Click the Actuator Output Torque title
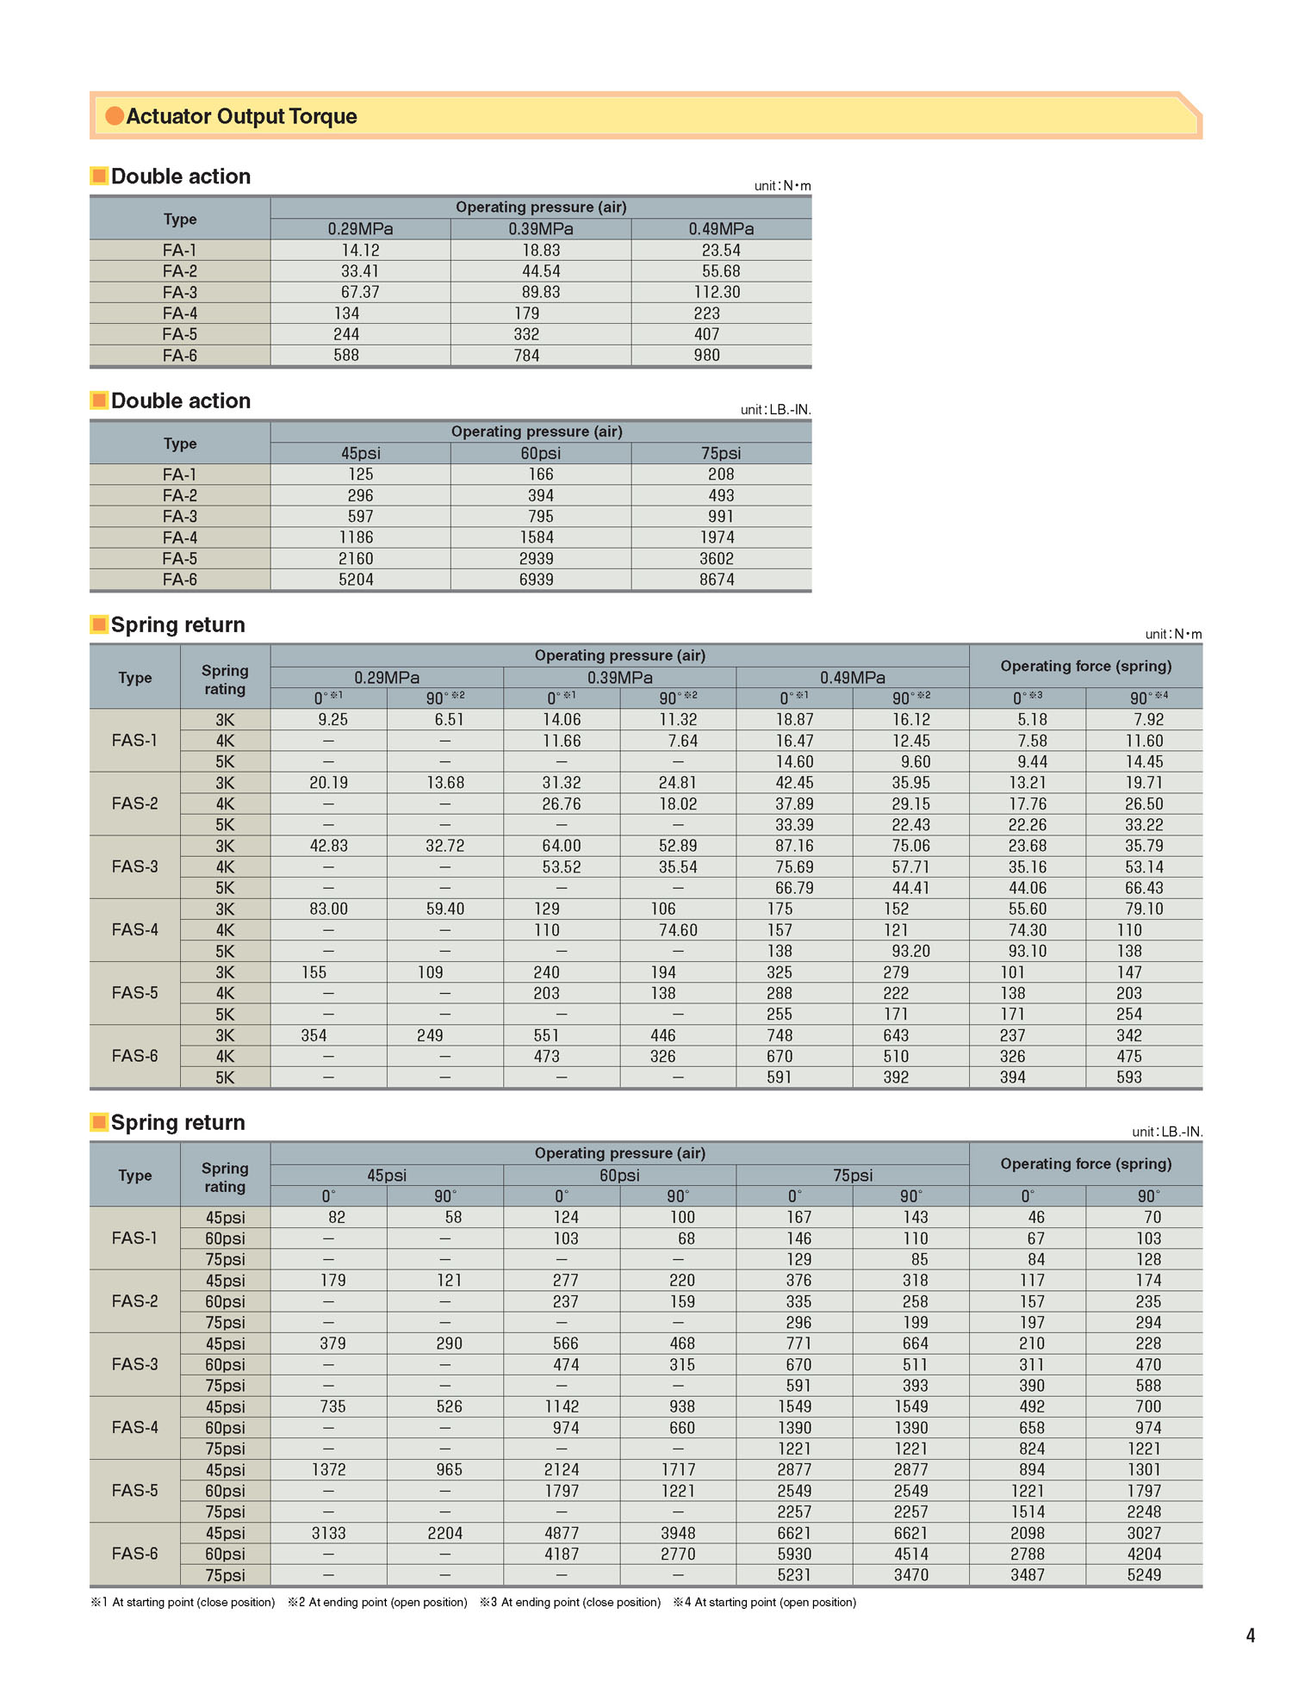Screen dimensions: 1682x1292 coord(241,116)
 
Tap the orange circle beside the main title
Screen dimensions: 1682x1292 coord(115,115)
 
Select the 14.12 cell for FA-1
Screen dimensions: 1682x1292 coord(360,250)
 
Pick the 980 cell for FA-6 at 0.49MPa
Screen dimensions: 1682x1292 coord(706,355)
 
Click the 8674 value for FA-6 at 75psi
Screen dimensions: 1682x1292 coord(717,580)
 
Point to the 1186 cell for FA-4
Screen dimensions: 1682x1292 coord(356,537)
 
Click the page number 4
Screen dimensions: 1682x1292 coord(1251,1635)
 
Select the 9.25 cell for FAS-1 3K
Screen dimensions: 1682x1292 coord(332,719)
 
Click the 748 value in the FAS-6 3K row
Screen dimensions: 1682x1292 coord(780,1035)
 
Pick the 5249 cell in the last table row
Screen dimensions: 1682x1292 coord(1144,1574)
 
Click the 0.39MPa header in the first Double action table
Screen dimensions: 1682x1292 coord(540,229)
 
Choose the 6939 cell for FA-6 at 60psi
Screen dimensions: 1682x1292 coord(536,580)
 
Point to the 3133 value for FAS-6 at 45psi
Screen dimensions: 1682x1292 coord(328,1533)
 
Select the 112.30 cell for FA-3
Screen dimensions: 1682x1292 coord(717,292)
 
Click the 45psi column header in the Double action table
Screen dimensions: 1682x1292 coord(360,453)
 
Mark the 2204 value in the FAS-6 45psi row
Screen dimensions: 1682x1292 coord(444,1533)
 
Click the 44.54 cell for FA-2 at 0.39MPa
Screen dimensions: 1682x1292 coord(540,271)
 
